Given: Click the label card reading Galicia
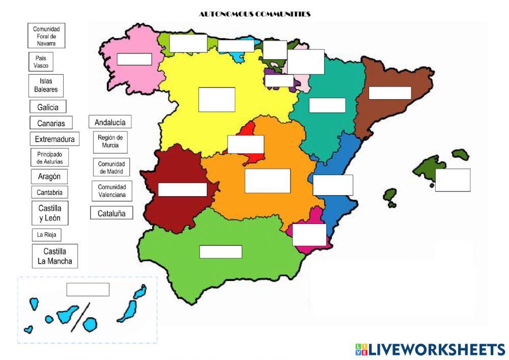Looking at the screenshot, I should [x=48, y=107].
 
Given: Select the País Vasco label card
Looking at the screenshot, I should [x=41, y=62].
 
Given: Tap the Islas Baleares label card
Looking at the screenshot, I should [x=46, y=85].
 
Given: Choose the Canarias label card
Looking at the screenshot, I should [x=51, y=123].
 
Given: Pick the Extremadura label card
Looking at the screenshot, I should [x=54, y=139].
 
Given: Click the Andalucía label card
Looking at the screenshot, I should [x=110, y=122].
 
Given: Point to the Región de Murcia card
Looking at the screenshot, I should [x=110, y=142].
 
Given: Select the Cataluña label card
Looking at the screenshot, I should [x=111, y=213].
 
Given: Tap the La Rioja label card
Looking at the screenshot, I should [x=46, y=235].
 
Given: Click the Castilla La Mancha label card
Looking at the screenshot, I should [x=54, y=257].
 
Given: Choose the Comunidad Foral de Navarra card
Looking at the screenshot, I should [x=46, y=36].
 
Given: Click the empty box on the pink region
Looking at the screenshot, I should [x=134, y=59].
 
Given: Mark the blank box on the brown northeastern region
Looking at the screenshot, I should [x=389, y=93].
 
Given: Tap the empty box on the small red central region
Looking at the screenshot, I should [x=246, y=144].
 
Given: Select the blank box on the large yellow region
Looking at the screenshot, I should [x=216, y=99].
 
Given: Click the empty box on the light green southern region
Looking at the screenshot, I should [x=220, y=252].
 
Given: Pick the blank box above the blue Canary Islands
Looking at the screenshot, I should [x=88, y=289].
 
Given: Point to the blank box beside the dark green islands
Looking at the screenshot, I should [x=453, y=180].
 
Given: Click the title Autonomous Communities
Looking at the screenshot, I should [x=254, y=14].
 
